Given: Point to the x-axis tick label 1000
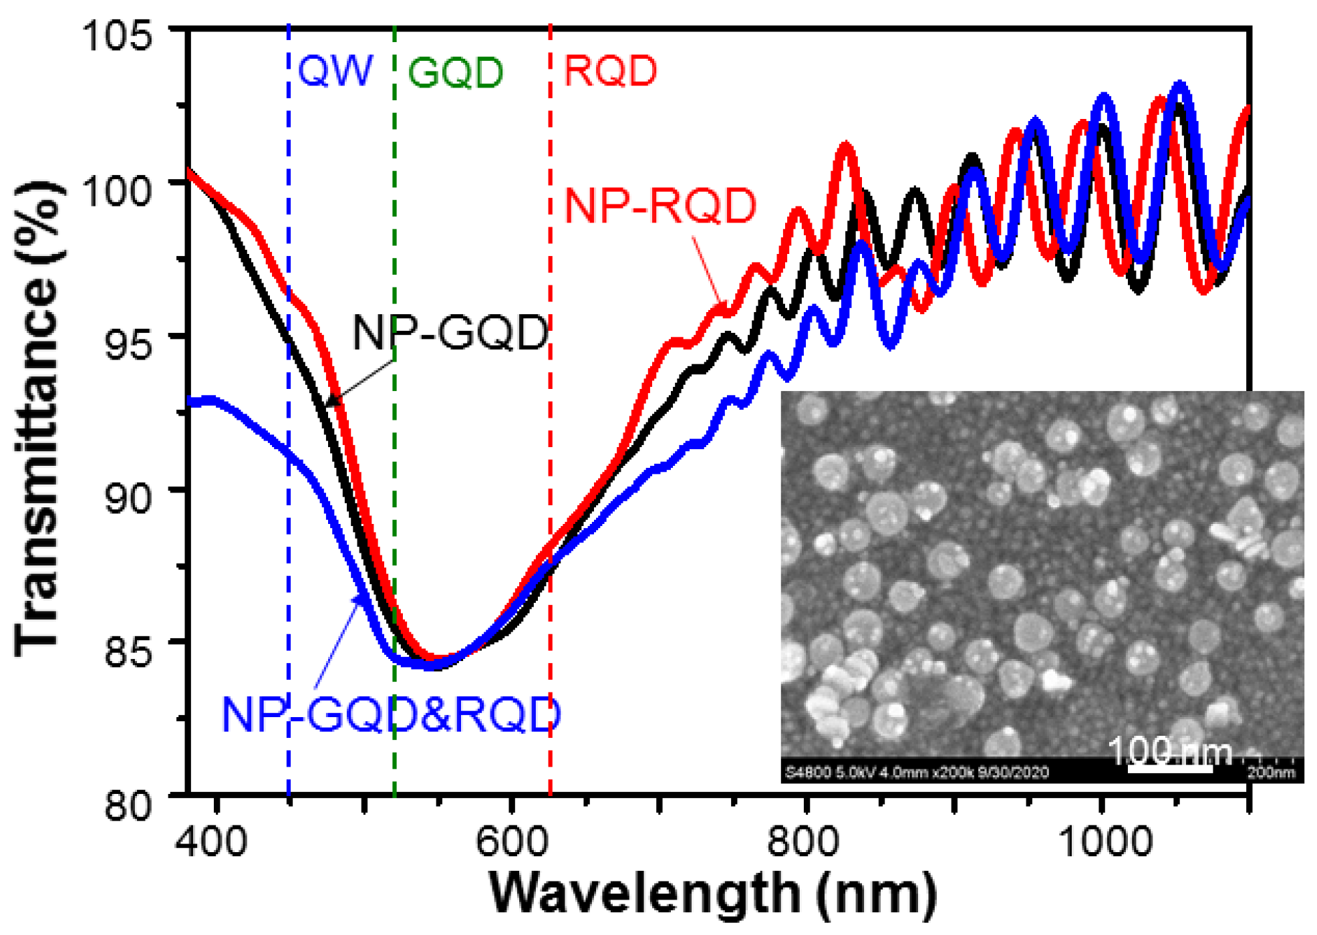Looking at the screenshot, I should (x=1106, y=841).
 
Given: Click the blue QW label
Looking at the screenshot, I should (x=335, y=70).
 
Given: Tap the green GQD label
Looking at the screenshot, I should (x=455, y=72).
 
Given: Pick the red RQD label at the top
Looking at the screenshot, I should (x=610, y=71).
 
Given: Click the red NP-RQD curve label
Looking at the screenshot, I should (x=660, y=206).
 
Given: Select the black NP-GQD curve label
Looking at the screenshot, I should (x=450, y=332).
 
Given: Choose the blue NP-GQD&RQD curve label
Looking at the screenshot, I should (x=391, y=714).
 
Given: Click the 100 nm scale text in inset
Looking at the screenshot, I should (x=1170, y=751).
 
